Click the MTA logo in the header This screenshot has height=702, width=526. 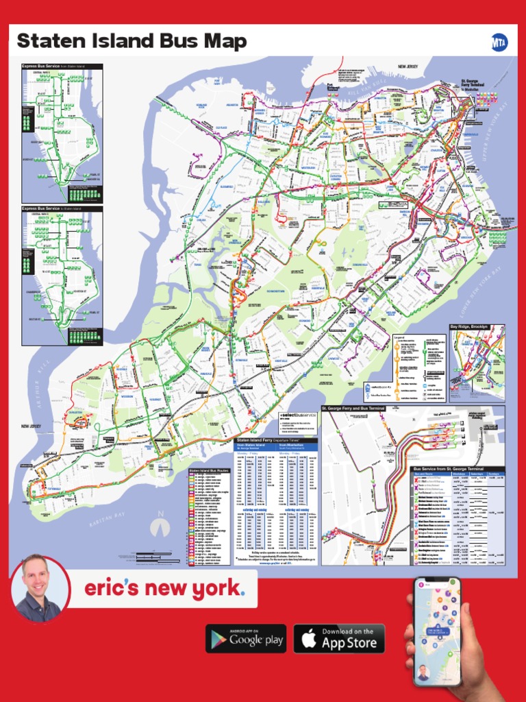[499, 42]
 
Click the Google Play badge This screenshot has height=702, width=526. [247, 639]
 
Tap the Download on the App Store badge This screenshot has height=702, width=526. [339, 639]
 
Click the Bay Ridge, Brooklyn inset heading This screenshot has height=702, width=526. [469, 327]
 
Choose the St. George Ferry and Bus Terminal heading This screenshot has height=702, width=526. [358, 408]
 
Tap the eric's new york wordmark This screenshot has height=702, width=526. [163, 588]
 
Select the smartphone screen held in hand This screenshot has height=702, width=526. [436, 631]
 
